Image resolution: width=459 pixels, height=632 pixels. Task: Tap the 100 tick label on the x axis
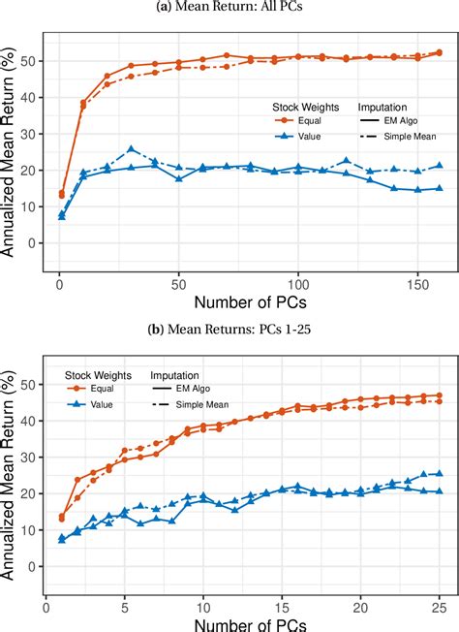click(x=298, y=286)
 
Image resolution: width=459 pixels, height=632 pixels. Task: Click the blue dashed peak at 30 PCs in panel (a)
click(x=131, y=149)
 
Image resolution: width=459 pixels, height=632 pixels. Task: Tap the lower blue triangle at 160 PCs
click(x=439, y=189)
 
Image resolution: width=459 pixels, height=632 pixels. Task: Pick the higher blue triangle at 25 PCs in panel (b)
click(x=439, y=474)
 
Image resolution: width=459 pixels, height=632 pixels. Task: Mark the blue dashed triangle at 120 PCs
click(x=346, y=161)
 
